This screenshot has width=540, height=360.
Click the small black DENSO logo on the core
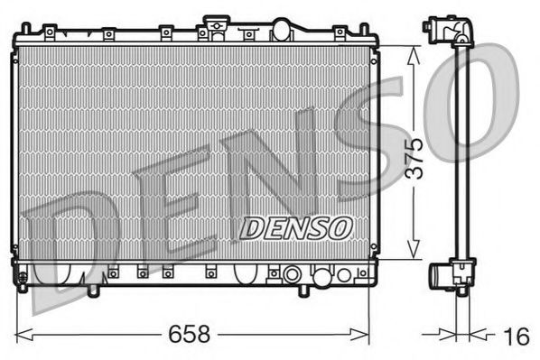[x=295, y=227]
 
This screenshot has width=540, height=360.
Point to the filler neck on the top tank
[x=215, y=22]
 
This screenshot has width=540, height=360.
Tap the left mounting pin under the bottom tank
[x=92, y=291]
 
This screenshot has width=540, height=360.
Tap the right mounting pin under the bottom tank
[x=303, y=291]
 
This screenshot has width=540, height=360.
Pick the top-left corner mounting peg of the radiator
[x=23, y=32]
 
